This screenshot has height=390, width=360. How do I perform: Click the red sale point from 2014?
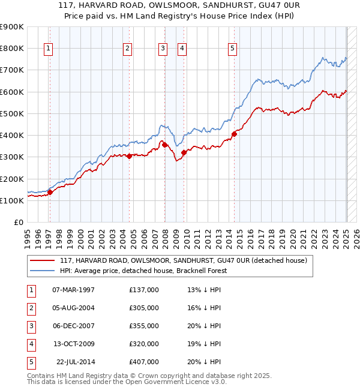pyautogui.click(x=234, y=134)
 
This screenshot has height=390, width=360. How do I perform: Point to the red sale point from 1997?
pyautogui.click(x=50, y=192)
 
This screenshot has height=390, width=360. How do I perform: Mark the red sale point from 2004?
pyautogui.click(x=129, y=156)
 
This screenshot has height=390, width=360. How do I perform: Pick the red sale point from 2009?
pyautogui.click(x=184, y=152)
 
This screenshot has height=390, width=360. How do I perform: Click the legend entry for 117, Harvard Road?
pyautogui.click(x=183, y=260)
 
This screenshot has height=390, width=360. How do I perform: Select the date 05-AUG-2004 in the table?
pyautogui.click(x=74, y=308)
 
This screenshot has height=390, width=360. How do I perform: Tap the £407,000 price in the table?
pyautogui.click(x=144, y=362)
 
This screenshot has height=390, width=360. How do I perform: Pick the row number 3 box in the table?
pyautogui.click(x=30, y=326)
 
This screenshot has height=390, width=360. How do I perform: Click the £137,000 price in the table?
pyautogui.click(x=144, y=290)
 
